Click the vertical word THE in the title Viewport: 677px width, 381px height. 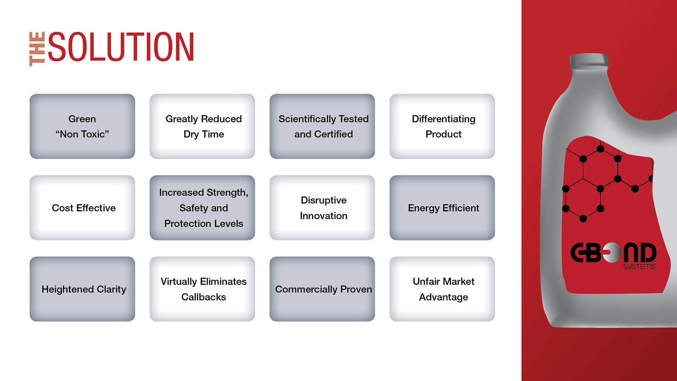(x=37, y=49)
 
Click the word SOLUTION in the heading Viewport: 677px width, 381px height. (x=121, y=47)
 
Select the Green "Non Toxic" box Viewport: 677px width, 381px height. (x=82, y=126)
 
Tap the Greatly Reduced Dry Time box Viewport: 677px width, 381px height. (x=202, y=126)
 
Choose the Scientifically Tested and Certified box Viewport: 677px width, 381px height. (x=322, y=126)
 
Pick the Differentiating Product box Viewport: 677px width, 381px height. (x=442, y=126)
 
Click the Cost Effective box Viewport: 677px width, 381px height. (x=82, y=208)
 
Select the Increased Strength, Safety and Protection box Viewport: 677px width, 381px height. (x=202, y=208)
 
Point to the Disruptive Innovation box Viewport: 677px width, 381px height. (x=322, y=208)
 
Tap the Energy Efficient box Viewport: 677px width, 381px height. (x=442, y=208)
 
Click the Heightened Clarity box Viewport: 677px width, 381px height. (x=82, y=289)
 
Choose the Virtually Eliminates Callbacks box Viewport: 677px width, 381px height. (x=202, y=289)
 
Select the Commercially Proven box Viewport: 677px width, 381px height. (x=322, y=289)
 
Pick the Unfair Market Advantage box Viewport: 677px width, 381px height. (x=442, y=289)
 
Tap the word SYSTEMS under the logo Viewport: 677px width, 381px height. (x=639, y=267)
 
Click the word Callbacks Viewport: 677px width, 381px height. (x=203, y=297)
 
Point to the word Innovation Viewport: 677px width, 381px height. (x=324, y=216)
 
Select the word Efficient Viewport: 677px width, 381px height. (x=461, y=208)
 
